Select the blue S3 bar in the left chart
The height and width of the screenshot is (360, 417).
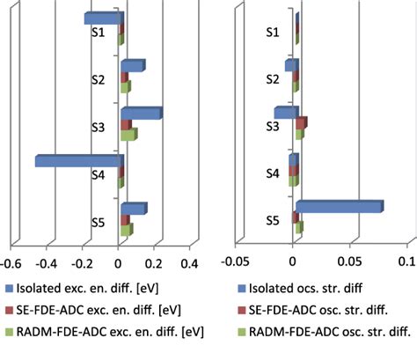coord(141,114)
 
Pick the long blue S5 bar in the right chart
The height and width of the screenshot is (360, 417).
coord(339,207)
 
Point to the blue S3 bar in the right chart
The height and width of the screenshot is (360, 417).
coord(286,113)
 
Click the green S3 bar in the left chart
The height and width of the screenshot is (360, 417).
coord(128,136)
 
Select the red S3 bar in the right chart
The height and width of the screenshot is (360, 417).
coord(302,123)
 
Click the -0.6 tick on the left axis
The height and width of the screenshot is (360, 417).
coord(11,261)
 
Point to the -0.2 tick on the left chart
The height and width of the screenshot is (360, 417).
coord(83,261)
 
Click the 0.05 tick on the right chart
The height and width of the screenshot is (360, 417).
coord(351,261)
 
